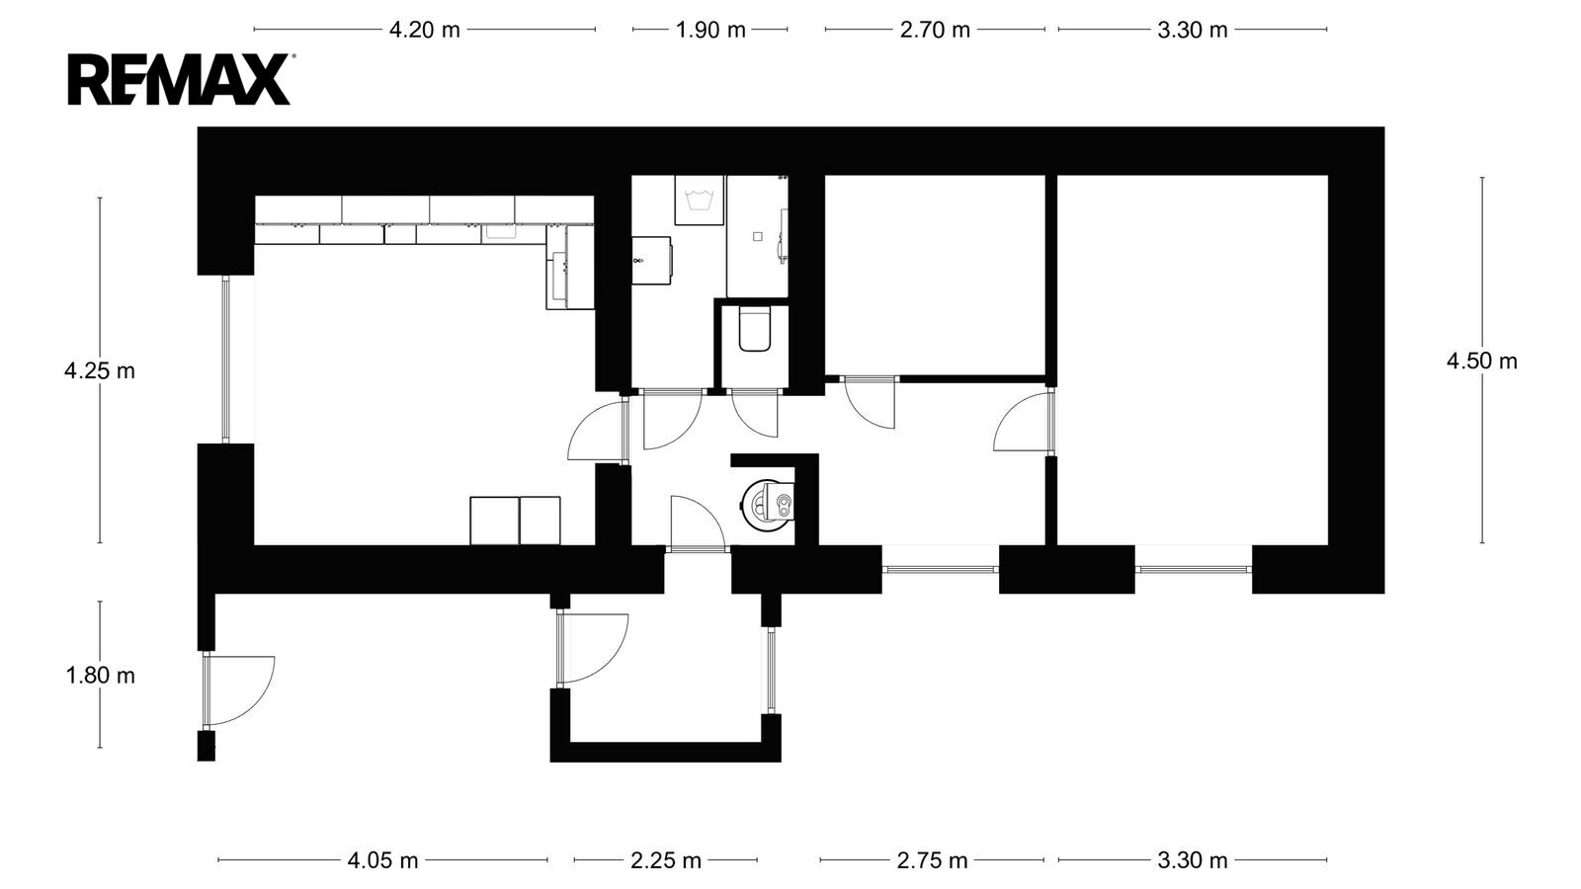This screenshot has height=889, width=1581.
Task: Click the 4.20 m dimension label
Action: click(424, 30)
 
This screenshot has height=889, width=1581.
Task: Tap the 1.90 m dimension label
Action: click(710, 30)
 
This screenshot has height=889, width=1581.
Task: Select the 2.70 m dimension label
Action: click(935, 30)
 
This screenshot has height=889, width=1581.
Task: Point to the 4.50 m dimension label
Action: click(1481, 361)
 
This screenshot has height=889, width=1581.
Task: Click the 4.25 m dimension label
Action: click(100, 370)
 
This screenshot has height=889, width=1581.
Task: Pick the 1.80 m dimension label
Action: click(100, 676)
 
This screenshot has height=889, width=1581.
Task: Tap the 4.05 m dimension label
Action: click(382, 860)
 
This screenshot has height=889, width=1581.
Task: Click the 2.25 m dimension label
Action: click(666, 860)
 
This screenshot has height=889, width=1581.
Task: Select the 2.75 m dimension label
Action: click(932, 860)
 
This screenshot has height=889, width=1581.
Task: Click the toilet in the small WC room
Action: click(755, 328)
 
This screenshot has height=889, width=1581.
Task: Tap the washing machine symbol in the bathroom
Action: click(700, 200)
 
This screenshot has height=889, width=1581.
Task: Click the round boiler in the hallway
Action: click(767, 503)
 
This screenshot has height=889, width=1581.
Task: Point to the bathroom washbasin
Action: click(651, 261)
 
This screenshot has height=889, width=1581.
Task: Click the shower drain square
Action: click(757, 237)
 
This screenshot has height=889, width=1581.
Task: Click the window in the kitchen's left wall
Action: click(226, 360)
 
